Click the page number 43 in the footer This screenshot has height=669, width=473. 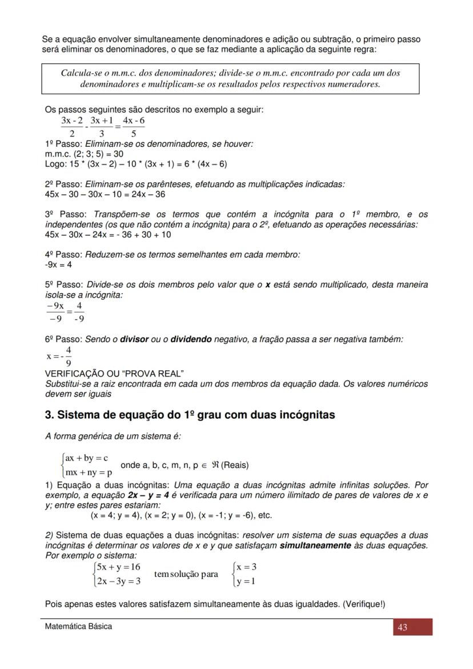click(x=402, y=627)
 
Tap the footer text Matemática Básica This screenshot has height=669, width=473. click(x=79, y=626)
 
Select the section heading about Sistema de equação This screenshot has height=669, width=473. click(x=190, y=415)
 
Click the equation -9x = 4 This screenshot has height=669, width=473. click(x=58, y=265)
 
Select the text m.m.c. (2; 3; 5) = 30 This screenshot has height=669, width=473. click(x=84, y=154)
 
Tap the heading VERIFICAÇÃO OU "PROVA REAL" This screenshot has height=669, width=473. click(x=114, y=374)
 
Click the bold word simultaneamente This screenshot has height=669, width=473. click(x=315, y=546)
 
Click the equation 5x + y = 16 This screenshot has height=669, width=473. click(x=119, y=567)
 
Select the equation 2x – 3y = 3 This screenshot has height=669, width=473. click(x=119, y=581)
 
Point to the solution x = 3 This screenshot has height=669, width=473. click(x=246, y=567)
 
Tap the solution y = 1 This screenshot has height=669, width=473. click(x=246, y=581)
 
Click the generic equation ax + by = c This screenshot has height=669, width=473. click(x=87, y=458)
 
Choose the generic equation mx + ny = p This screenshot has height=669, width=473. click(x=89, y=472)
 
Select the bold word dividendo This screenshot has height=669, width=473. click(x=191, y=339)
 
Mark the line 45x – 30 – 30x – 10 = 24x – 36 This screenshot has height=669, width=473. click(x=105, y=194)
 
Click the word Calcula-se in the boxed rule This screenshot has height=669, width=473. click(x=82, y=73)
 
